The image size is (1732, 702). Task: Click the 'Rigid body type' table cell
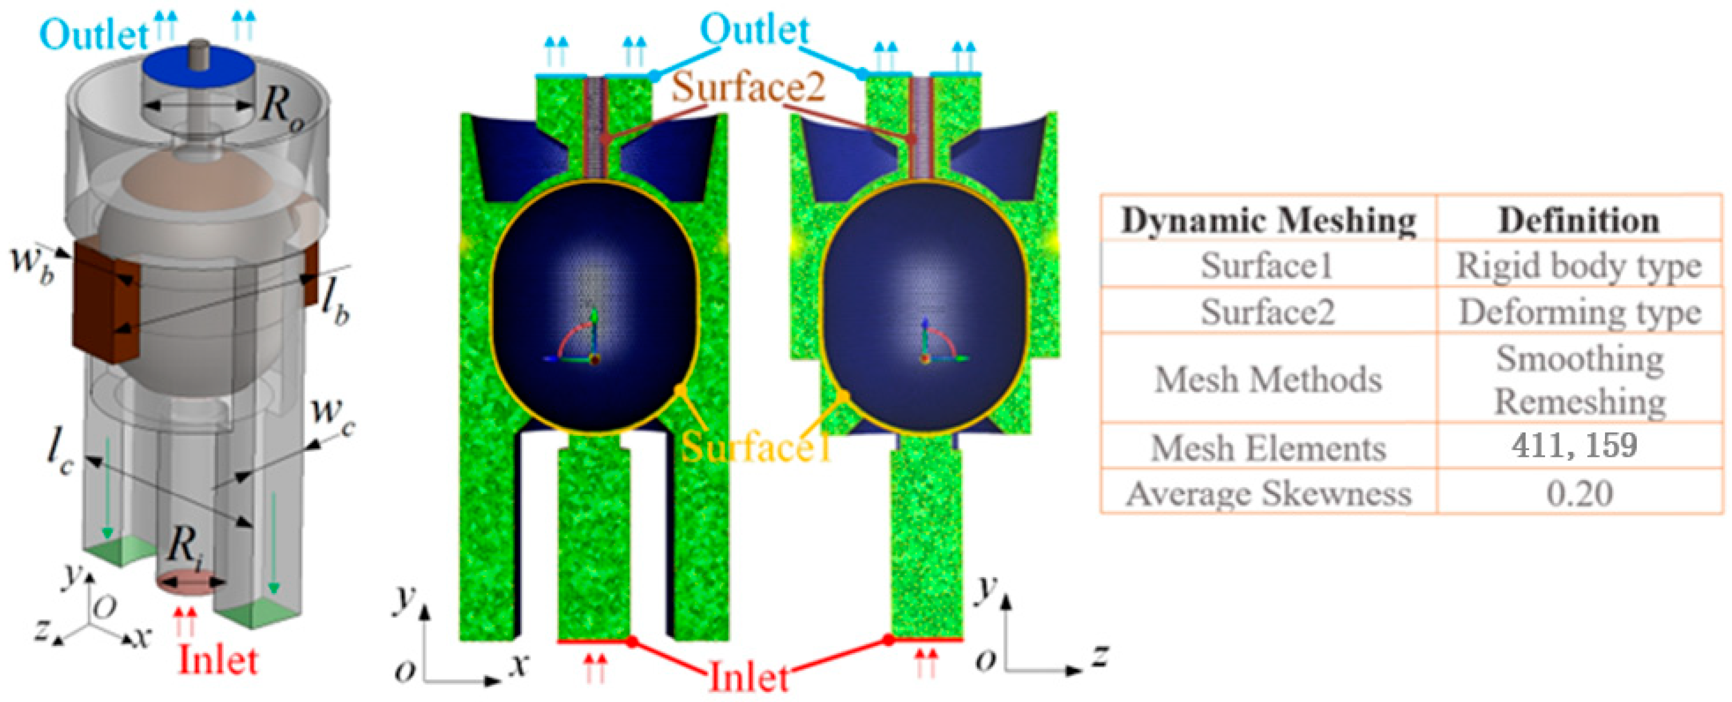pos(1579,266)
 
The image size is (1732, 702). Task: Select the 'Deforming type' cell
pos(1579,311)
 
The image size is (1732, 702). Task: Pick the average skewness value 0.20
pos(1579,493)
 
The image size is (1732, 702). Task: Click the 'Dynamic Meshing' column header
pos(1268,220)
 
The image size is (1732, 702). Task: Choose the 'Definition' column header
pos(1579,220)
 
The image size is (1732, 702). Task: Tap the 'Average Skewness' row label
pos(1268,493)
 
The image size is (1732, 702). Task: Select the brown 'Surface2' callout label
pos(748,87)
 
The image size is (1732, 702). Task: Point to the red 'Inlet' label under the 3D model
pos(218,660)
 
